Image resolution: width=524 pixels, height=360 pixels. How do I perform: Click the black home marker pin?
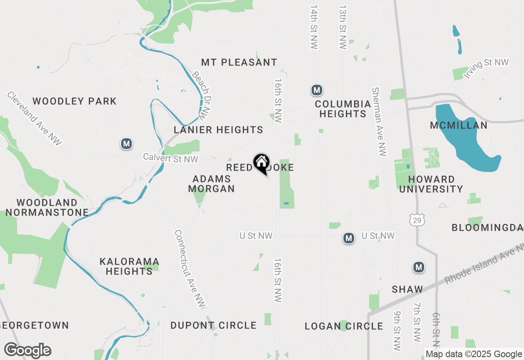pos(261,163)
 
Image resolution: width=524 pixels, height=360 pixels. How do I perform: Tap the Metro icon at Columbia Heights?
pos(316,90)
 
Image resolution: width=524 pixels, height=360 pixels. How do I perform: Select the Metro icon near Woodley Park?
pos(126,144)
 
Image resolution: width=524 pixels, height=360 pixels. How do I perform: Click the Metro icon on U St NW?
pos(348,238)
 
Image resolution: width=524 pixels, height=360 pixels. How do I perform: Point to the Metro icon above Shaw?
pos(418,267)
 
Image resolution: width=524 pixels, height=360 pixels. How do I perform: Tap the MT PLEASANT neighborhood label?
pos(239,63)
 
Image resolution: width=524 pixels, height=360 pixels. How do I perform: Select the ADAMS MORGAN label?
pos(211,184)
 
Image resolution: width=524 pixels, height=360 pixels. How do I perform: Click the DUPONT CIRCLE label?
pos(213,326)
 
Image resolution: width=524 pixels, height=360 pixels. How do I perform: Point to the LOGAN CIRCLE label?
pos(344,326)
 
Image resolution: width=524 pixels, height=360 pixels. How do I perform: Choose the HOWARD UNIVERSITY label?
pos(431,184)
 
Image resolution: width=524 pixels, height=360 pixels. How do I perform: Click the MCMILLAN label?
pos(458,126)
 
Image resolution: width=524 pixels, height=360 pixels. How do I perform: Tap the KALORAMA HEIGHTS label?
pos(129,266)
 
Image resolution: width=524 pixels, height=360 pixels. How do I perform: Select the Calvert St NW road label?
pos(170,158)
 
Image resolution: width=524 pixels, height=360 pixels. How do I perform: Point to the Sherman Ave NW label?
pos(379,122)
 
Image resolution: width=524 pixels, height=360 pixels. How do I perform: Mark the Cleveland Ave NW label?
pos(34,118)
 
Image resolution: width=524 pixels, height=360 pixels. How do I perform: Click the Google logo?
pos(27,350)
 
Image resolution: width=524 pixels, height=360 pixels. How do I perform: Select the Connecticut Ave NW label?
pos(190,268)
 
